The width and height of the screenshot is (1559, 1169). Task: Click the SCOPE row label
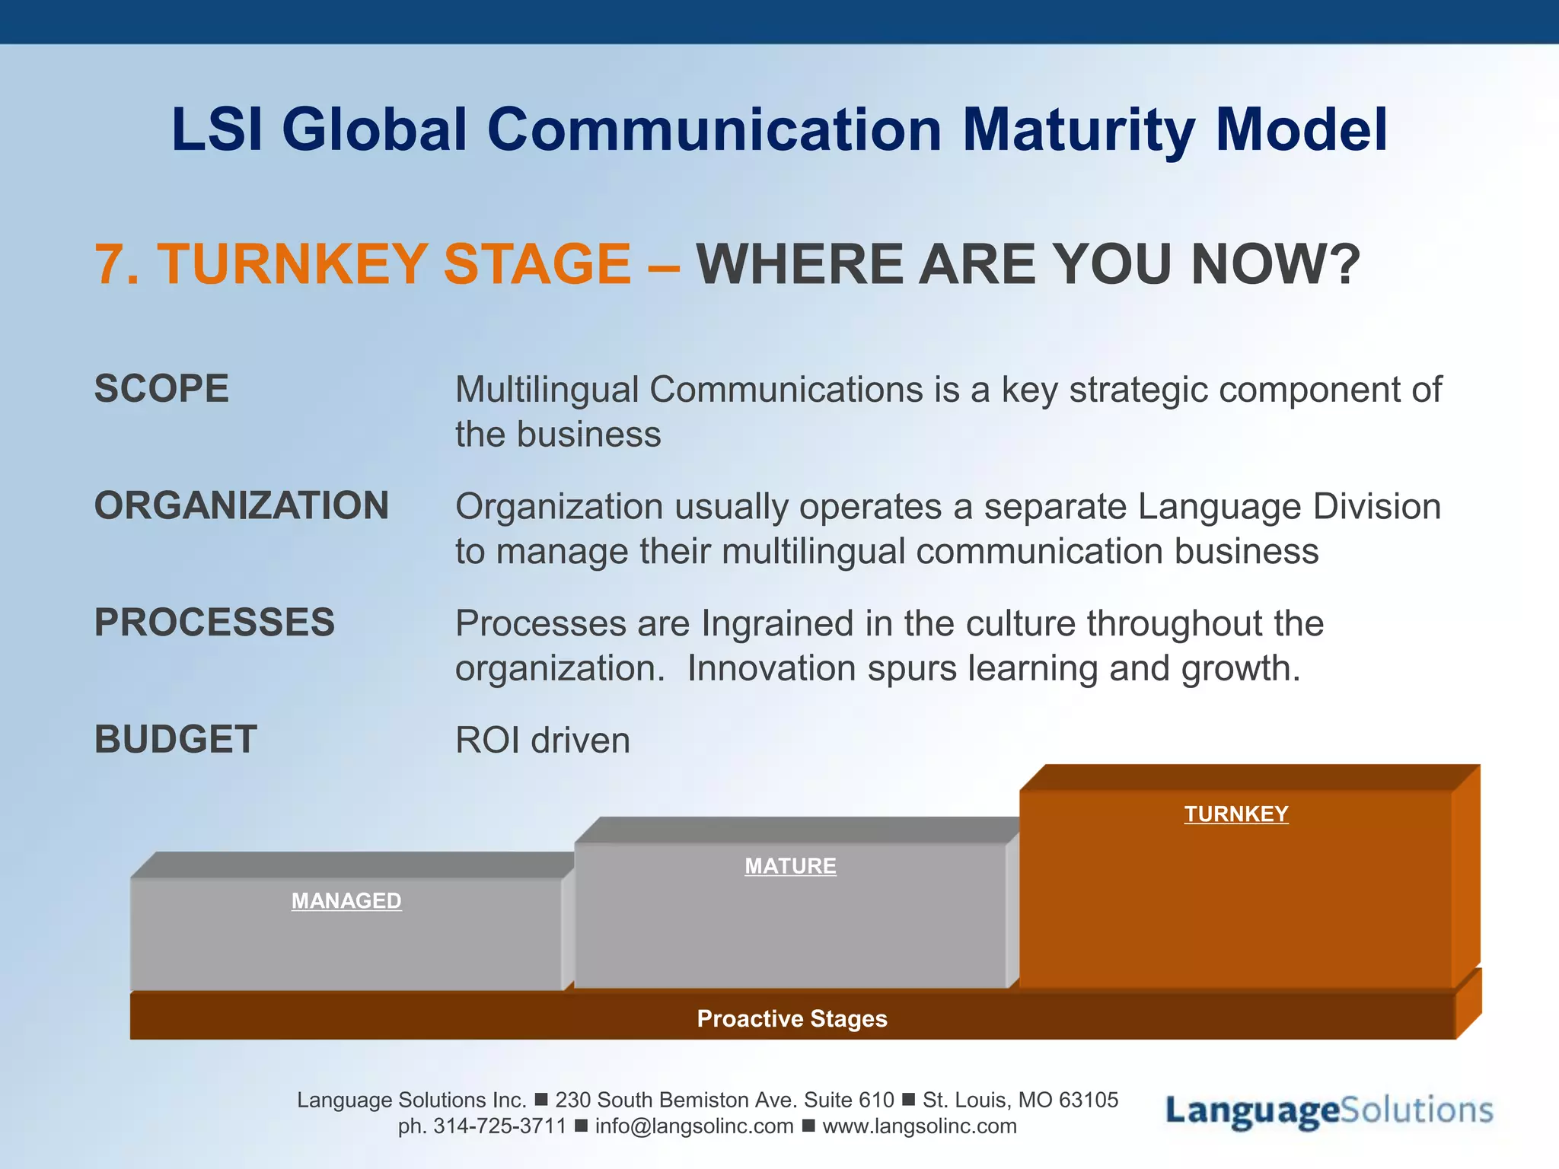coord(161,389)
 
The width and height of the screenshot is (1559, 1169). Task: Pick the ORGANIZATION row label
coord(241,506)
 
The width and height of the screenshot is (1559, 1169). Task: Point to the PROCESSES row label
coord(214,623)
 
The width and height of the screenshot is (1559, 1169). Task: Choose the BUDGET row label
coord(175,740)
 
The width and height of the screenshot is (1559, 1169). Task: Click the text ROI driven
coord(542,741)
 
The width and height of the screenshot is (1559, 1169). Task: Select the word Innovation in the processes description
coord(772,669)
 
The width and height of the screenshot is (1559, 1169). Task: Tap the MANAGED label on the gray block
coord(346,901)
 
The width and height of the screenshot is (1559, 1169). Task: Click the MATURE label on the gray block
coord(790,866)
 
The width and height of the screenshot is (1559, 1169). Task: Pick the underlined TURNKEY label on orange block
coord(1236,814)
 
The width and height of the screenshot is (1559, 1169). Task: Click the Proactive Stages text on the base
coord(792,1019)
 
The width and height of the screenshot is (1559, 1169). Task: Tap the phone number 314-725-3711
coord(499,1126)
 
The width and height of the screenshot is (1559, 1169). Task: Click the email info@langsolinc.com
coord(693,1126)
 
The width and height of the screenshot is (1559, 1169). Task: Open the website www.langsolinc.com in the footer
coord(919,1126)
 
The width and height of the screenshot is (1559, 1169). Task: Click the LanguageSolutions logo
coord(1328,1111)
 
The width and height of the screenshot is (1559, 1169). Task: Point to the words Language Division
coord(1289,507)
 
